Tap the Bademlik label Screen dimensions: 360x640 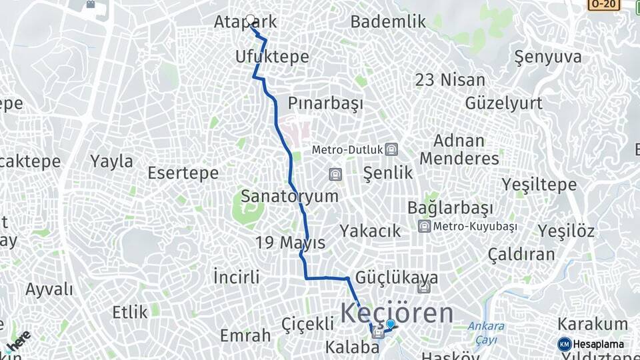tap(388, 22)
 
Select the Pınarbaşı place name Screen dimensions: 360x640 tap(325, 103)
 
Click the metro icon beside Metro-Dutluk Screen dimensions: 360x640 tap(391, 149)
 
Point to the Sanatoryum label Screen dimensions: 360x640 tap(289, 196)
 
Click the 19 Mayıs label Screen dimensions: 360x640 tap(290, 243)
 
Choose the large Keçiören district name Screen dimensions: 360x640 tap(397, 313)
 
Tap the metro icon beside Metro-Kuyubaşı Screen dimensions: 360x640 tap(424, 227)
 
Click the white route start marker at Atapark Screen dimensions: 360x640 tap(251, 20)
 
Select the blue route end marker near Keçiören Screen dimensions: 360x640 tap(391, 324)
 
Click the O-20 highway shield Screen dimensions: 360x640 tap(603, 4)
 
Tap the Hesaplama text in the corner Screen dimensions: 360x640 tap(598, 344)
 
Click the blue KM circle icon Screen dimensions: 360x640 tap(564, 344)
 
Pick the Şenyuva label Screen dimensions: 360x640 tap(548, 57)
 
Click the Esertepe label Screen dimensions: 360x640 tap(183, 173)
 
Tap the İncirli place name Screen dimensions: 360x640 tap(236, 276)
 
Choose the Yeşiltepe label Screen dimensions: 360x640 tap(539, 185)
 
